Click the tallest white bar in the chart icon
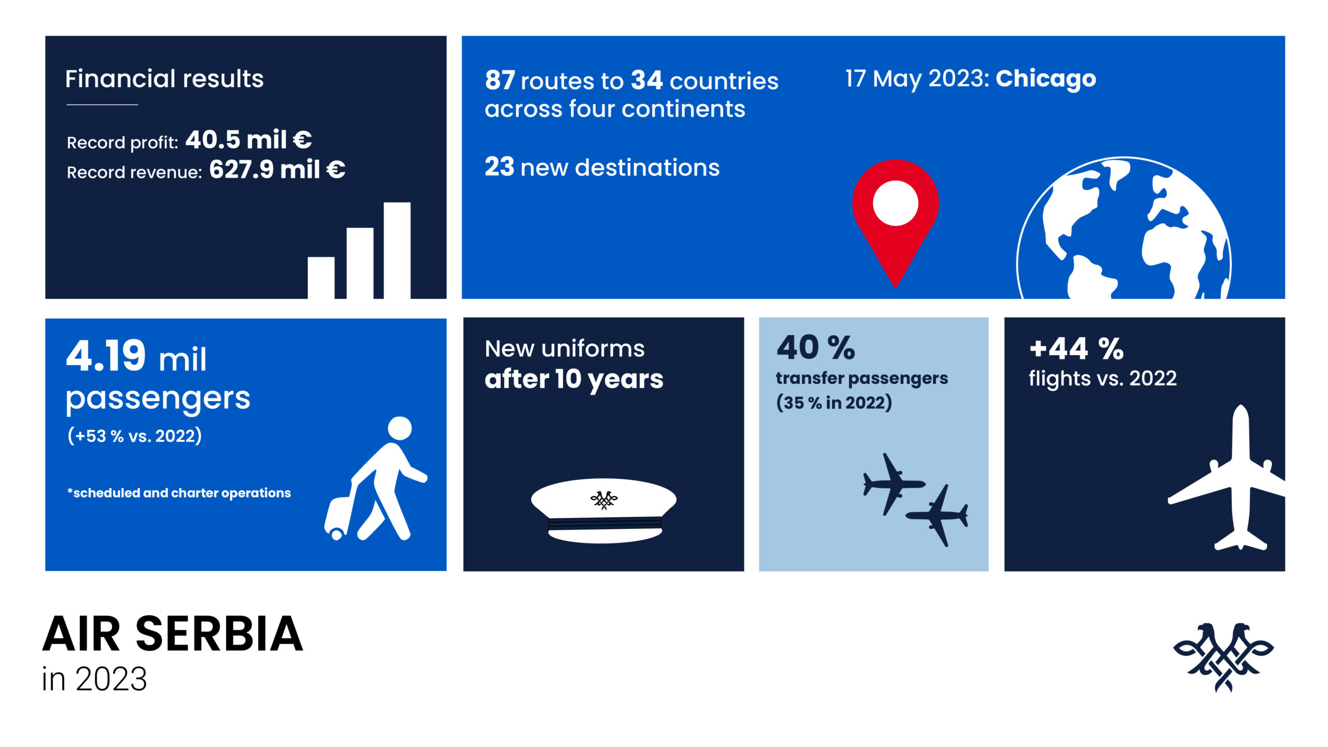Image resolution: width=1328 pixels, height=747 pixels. (397, 250)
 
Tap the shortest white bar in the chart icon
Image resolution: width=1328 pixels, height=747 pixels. (321, 278)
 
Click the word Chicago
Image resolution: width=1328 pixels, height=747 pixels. (1045, 78)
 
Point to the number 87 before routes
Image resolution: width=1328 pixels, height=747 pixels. (500, 80)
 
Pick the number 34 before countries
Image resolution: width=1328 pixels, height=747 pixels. (646, 80)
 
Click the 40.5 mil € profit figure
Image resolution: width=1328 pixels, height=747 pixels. (248, 140)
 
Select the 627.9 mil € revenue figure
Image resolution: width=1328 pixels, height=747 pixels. (277, 170)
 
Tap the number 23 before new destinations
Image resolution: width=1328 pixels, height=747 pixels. (499, 167)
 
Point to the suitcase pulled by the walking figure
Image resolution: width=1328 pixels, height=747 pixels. (338, 517)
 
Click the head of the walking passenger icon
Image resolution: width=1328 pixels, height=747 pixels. (399, 428)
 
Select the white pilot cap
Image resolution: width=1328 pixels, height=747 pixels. (603, 511)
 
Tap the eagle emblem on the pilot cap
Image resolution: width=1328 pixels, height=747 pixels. (604, 500)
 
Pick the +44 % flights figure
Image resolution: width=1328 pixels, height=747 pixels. (1076, 349)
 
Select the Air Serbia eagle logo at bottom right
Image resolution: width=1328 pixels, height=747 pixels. (1223, 656)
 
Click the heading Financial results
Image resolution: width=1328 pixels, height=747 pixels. (164, 79)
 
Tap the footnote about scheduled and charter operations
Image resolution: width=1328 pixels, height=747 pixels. (179, 493)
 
